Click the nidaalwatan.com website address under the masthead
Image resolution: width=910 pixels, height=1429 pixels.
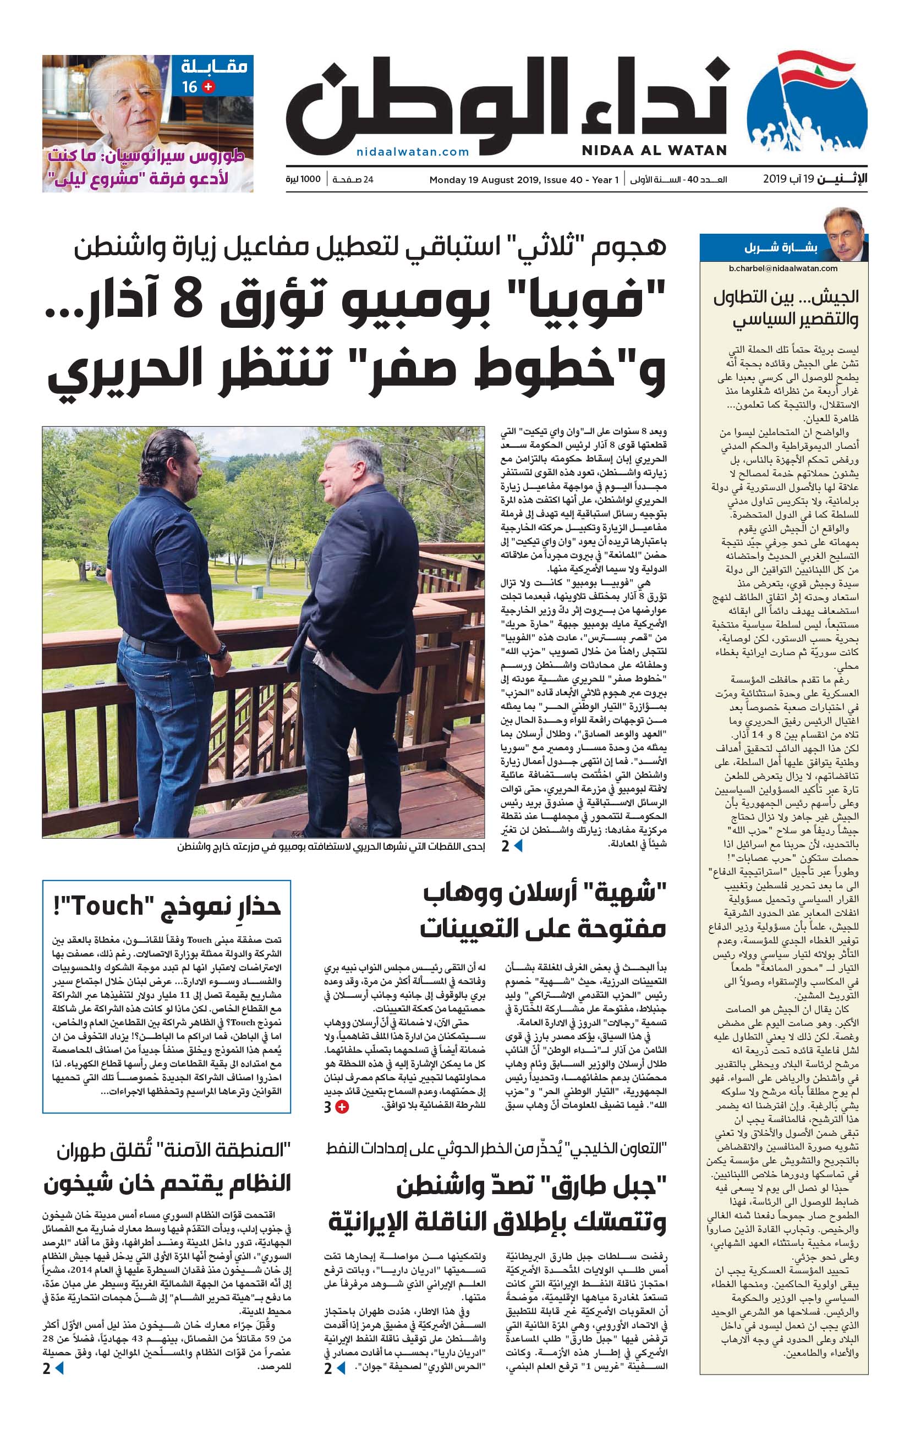point(413,152)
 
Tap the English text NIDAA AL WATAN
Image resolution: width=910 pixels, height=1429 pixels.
point(654,151)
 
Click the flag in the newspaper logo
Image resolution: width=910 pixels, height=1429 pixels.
point(815,70)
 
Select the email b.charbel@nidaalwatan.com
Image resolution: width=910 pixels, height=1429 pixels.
point(783,268)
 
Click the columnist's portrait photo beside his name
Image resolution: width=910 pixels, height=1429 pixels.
point(844,234)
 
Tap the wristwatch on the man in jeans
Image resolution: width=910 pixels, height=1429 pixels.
point(219,652)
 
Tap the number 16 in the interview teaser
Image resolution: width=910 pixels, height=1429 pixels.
point(189,87)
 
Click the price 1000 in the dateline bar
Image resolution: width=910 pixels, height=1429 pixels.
point(310,179)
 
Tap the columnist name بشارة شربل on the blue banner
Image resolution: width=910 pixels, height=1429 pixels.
point(781,248)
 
